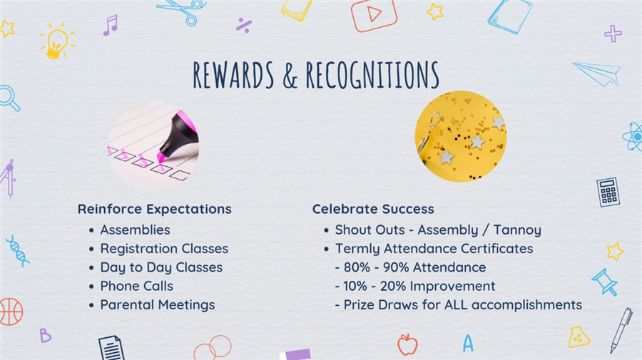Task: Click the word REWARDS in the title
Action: [233, 75]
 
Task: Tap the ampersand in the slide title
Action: [290, 76]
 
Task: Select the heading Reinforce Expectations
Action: [154, 209]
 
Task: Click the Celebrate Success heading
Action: [373, 209]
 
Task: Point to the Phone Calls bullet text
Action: [137, 286]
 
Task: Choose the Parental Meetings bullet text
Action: [158, 305]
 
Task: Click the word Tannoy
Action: [517, 230]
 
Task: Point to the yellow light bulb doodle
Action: [57, 41]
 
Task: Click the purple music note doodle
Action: [111, 26]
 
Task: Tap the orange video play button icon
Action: [373, 15]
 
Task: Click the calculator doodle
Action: [608, 192]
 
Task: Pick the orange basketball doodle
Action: [11, 312]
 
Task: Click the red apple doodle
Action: [407, 344]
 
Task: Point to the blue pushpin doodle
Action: [605, 282]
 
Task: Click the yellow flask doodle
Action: [579, 336]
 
